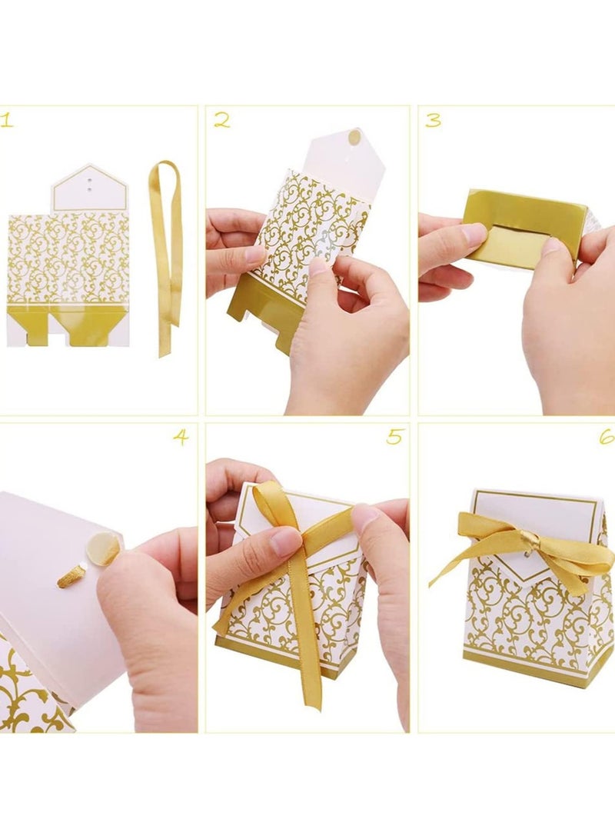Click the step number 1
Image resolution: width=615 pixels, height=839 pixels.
(7, 120)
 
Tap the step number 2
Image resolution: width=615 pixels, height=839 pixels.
(222, 119)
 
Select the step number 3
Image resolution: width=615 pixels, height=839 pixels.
(434, 120)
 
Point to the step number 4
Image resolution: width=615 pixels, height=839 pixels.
(181, 438)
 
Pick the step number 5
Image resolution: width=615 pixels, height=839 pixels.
(394, 438)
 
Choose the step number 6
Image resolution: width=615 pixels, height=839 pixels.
(607, 437)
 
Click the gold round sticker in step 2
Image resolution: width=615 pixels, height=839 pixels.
(354, 138)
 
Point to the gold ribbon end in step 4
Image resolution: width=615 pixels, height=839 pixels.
(71, 576)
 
